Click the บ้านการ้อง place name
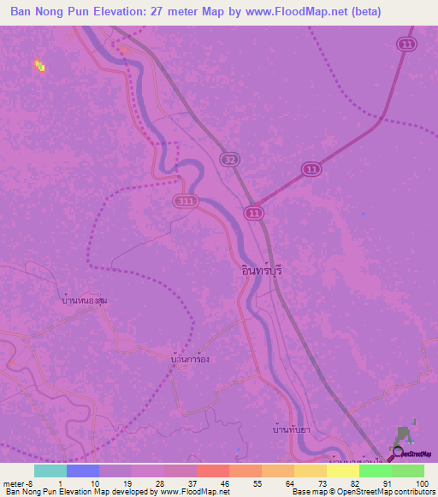[x=190, y=360]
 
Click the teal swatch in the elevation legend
[x=50, y=471]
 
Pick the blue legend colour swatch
[x=82, y=471]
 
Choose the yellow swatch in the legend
[x=342, y=471]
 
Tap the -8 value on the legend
[x=29, y=483]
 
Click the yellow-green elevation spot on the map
[x=39, y=65]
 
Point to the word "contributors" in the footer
[x=410, y=493]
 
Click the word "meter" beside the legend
[x=14, y=483]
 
